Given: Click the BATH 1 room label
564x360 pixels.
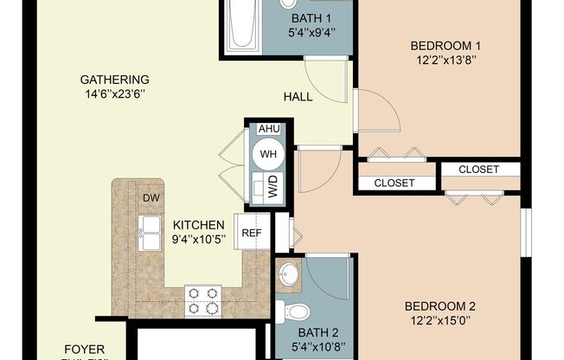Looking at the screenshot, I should [x=311, y=19].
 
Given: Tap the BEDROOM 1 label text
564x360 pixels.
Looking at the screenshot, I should [x=445, y=46].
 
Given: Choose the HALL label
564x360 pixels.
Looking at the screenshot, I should [x=298, y=97].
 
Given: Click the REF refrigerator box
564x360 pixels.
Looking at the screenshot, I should [x=252, y=233].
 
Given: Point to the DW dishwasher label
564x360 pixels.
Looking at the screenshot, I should [x=151, y=197].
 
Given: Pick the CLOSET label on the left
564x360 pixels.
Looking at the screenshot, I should [x=394, y=183].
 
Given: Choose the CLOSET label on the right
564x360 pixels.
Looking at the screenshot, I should [x=478, y=170].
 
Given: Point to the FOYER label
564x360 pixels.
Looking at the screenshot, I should [x=85, y=350].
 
